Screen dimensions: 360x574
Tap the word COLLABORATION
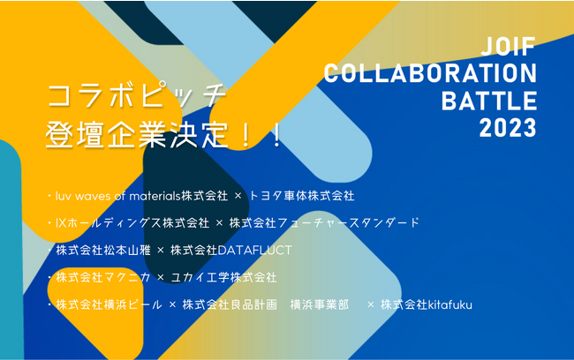(x=430, y=73)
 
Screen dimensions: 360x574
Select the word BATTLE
(x=489, y=100)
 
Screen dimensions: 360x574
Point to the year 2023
(x=507, y=127)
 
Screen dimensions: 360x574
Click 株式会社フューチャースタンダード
(x=324, y=222)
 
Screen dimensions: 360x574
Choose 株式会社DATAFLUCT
(x=231, y=250)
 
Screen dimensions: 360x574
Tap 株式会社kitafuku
(x=427, y=304)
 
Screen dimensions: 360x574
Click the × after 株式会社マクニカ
(x=161, y=277)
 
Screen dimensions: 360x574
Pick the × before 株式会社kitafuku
(x=371, y=304)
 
